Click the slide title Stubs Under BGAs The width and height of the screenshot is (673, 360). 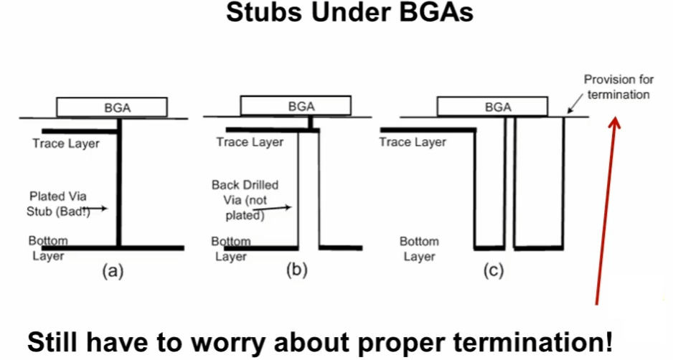(349, 14)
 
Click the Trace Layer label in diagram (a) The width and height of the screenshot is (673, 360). (66, 143)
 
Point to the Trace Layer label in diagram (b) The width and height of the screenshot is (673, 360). (250, 142)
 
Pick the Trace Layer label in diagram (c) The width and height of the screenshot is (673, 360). (413, 142)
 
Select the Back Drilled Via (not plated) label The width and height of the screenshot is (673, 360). (245, 199)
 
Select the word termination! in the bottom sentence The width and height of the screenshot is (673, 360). (529, 341)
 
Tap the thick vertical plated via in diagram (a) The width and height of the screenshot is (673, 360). (120, 186)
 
